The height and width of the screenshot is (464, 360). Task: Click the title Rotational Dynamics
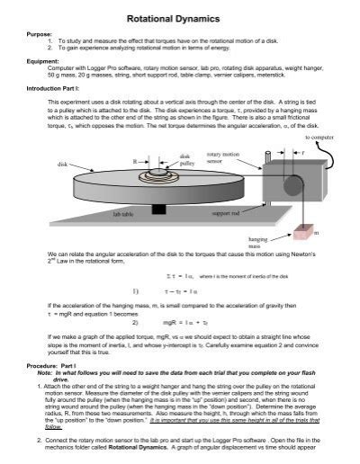pos(180,17)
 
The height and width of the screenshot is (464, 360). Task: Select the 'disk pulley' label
pos(187,160)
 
